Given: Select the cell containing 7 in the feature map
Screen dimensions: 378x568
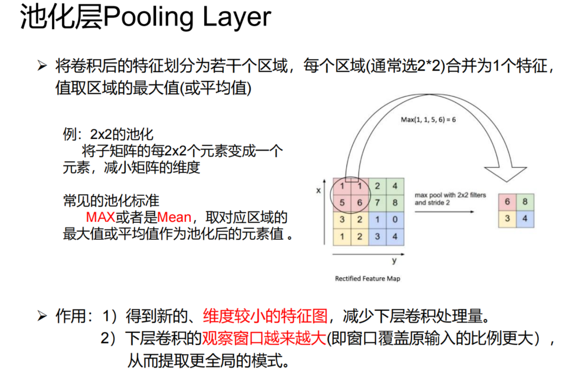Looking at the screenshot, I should (x=378, y=203).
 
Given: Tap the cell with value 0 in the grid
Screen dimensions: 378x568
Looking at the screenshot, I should (x=395, y=220).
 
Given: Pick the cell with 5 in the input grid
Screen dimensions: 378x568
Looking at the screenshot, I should (x=343, y=203).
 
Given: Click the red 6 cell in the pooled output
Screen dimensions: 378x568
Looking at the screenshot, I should (x=507, y=201).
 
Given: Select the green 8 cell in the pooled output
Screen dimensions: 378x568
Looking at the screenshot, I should (x=525, y=201).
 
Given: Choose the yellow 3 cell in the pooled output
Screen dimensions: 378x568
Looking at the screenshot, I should (x=507, y=218).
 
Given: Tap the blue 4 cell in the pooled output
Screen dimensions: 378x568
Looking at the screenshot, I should (x=525, y=218).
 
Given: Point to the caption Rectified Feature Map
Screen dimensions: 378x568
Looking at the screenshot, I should (x=367, y=278).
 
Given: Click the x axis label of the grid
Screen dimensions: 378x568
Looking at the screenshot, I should (x=319, y=190).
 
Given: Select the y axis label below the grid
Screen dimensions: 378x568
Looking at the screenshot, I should (x=394, y=261).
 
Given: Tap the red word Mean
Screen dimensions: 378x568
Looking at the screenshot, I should (x=174, y=217).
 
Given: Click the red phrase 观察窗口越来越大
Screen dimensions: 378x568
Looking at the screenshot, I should (x=264, y=339).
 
